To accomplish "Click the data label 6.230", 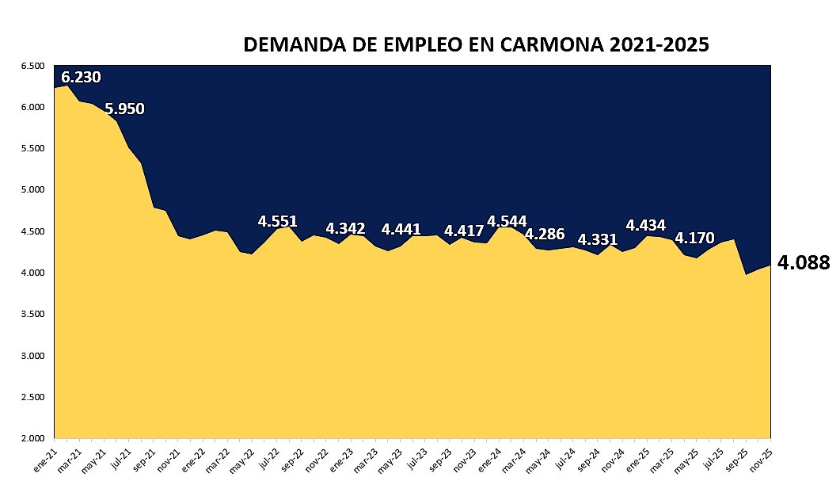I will click(81, 78).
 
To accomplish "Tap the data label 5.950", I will click(124, 109).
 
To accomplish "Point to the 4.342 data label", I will click(345, 229).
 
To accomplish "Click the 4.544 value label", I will click(507, 221).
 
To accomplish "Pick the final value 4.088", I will click(804, 262).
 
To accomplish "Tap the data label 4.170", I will click(694, 237).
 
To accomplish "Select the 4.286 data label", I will click(545, 234).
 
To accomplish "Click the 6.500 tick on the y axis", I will click(33, 66).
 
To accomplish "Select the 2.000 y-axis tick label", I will click(33, 438).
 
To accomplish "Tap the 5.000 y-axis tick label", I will click(33, 190).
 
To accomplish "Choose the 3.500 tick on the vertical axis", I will click(33, 315).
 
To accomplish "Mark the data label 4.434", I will click(645, 225).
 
